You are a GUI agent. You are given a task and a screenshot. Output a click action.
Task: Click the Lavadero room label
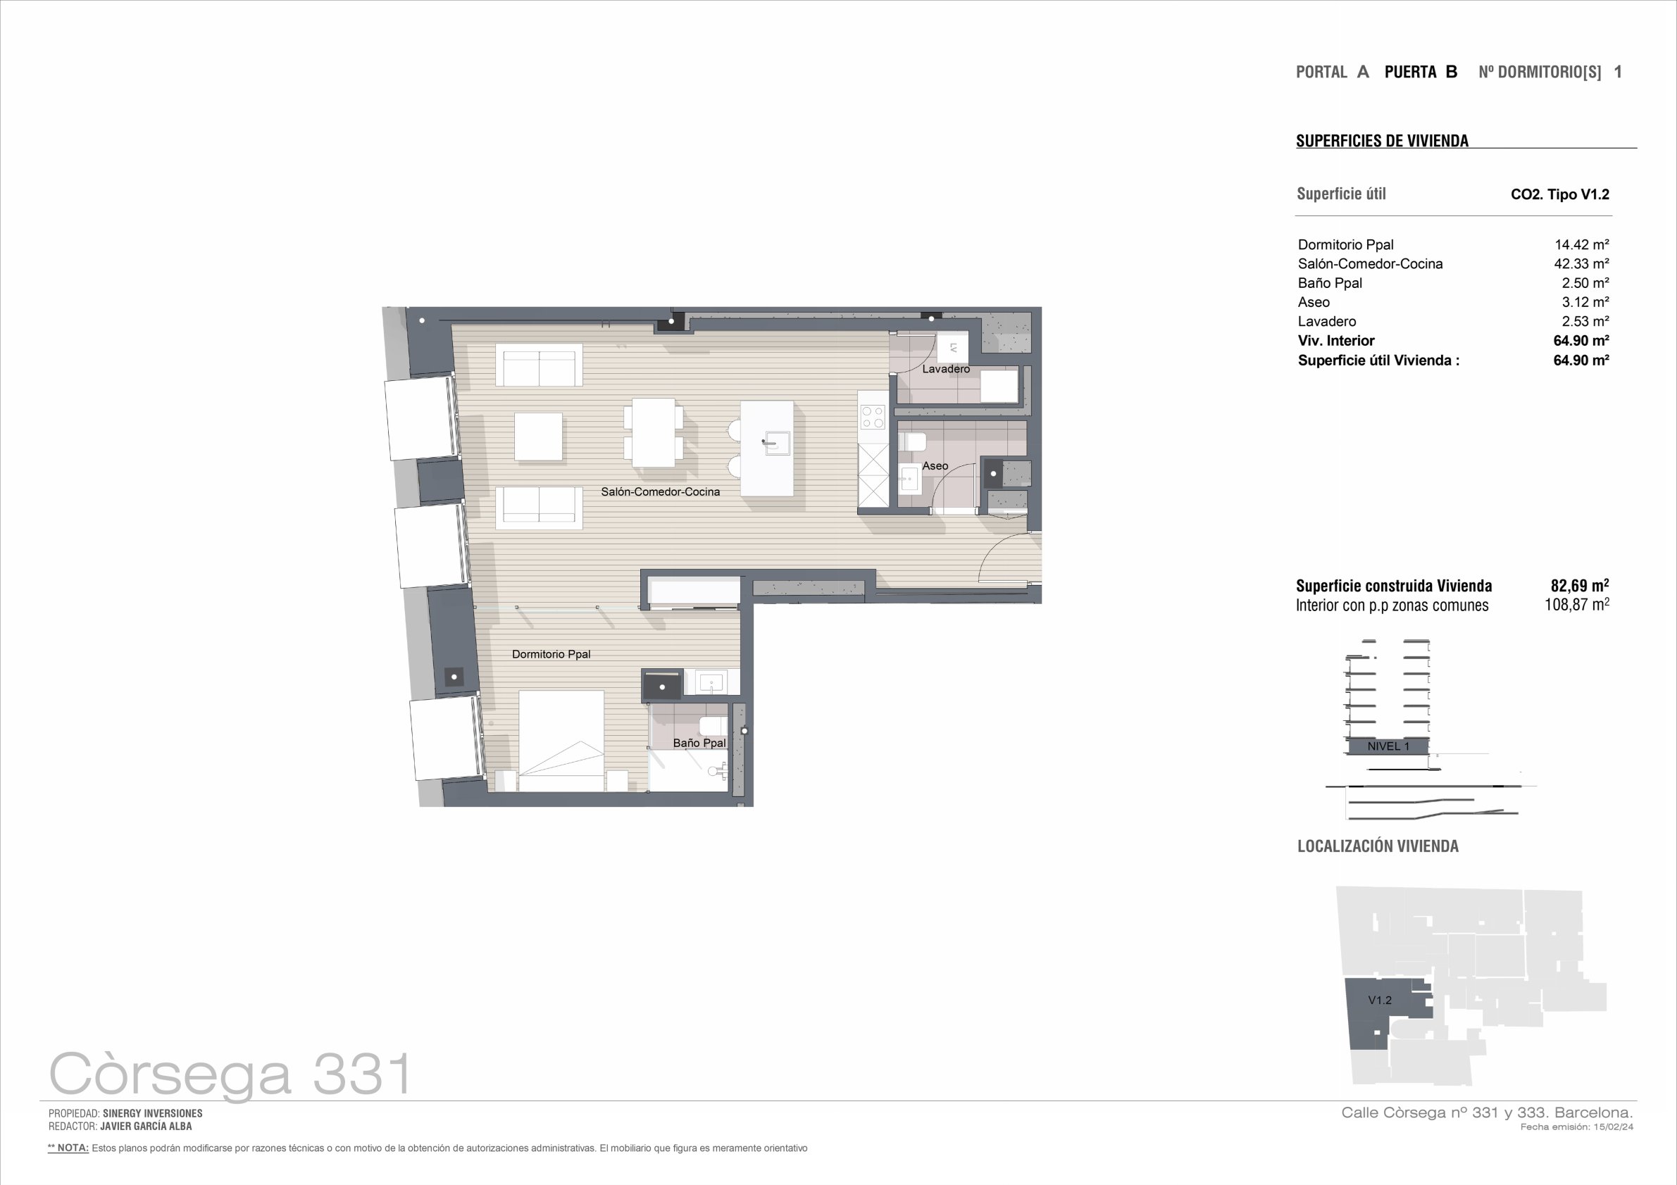pos(946,369)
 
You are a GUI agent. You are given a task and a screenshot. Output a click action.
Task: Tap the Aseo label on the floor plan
pos(935,466)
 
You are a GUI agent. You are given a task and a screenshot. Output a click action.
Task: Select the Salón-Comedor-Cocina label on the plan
pos(660,491)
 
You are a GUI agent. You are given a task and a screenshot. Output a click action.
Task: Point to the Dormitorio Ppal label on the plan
pos(551,654)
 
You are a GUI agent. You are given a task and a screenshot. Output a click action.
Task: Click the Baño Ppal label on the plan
pos(699,743)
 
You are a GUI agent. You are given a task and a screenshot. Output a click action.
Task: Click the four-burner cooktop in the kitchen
pos(873,417)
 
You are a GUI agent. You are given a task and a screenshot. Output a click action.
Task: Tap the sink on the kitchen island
pos(776,442)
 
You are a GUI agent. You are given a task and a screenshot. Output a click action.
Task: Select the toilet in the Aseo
pos(912,441)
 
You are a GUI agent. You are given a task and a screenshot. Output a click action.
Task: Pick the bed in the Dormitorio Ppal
pos(561,740)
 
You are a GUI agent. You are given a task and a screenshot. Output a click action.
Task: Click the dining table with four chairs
pos(654,432)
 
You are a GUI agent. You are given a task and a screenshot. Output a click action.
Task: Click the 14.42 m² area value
pos(1581,244)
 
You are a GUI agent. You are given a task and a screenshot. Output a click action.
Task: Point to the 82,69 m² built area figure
pos(1580,586)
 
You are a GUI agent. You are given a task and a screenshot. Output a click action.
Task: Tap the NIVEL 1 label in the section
pos(1388,746)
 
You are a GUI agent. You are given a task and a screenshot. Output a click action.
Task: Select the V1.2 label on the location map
pos(1380,1001)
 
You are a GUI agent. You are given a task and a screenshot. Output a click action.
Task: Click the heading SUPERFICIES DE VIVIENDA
pos(1382,141)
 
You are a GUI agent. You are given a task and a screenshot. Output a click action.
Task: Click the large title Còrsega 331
pos(230,1073)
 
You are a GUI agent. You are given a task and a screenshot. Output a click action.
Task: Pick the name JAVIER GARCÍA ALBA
pos(146,1126)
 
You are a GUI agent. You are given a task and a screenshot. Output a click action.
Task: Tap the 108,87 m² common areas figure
pos(1577,605)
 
